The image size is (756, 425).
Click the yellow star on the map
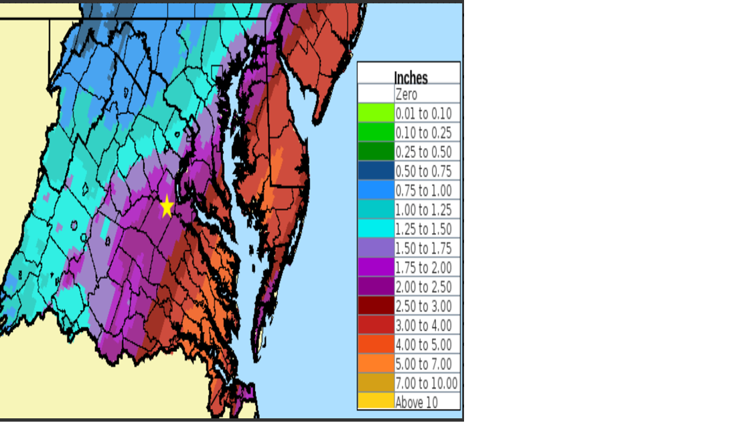[x=167, y=206]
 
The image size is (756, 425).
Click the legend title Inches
[x=410, y=77]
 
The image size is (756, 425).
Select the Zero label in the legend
[x=406, y=94]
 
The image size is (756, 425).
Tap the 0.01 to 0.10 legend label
[x=423, y=113]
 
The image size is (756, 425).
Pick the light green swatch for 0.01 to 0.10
[x=376, y=113]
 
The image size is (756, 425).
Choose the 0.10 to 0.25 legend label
[x=423, y=133]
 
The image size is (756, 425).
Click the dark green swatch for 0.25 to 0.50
[x=376, y=152]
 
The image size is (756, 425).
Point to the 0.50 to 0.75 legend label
[x=423, y=171]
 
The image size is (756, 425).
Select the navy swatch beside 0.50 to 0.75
[x=376, y=171]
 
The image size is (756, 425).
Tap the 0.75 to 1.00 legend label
[x=423, y=191]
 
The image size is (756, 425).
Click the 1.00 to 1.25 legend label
[x=423, y=210]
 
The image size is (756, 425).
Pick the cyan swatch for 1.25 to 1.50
[x=376, y=229]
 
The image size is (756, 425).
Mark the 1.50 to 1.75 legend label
[x=423, y=248]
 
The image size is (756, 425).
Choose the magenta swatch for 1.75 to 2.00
[x=376, y=268]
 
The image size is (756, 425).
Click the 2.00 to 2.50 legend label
[x=423, y=287]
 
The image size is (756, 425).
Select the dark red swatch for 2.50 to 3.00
[x=376, y=307]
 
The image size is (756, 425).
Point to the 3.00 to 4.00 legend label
[x=423, y=326]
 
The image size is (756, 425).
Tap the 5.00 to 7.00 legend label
[x=423, y=364]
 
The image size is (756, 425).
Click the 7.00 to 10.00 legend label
[x=427, y=384]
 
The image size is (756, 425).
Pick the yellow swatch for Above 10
[x=376, y=402]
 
